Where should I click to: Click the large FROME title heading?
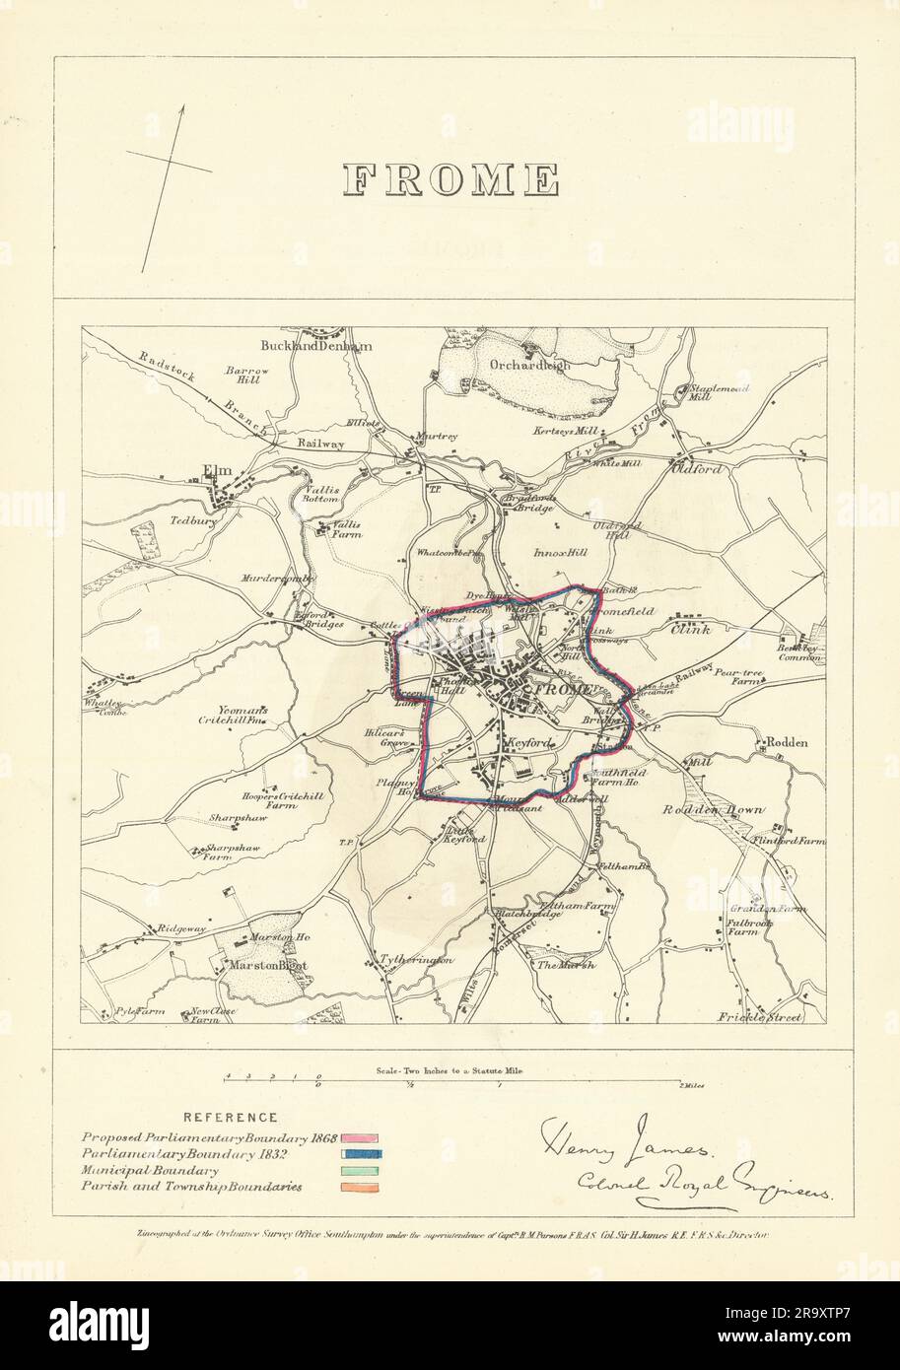pyautogui.click(x=450, y=179)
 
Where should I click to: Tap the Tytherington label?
pyautogui.click(x=416, y=959)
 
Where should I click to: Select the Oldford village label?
pyautogui.click(x=697, y=469)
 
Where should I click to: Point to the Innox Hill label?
pyautogui.click(x=561, y=554)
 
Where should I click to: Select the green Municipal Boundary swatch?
pyautogui.click(x=361, y=1171)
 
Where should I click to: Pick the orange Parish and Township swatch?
pyautogui.click(x=361, y=1188)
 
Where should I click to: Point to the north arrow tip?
pyautogui.click(x=182, y=107)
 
